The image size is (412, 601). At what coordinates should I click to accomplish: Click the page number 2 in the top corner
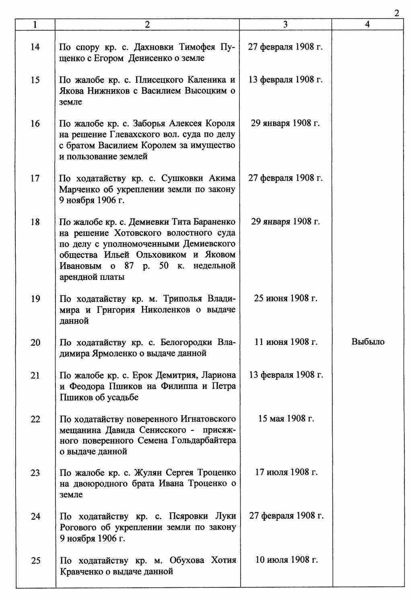(397, 13)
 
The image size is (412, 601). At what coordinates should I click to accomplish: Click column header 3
(285, 25)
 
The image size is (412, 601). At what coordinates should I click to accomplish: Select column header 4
(367, 25)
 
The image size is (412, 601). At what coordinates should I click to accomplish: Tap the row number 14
(35, 47)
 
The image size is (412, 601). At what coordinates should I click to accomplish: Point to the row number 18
(35, 222)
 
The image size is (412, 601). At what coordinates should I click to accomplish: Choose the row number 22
(35, 419)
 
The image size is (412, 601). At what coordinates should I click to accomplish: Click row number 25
(35, 560)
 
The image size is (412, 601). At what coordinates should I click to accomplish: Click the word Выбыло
(368, 342)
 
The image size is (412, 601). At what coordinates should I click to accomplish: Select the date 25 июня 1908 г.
(286, 298)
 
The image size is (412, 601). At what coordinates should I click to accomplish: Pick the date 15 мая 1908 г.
(286, 419)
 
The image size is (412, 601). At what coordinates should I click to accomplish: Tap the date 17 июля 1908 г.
(286, 472)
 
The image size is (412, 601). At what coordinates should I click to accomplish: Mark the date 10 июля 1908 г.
(286, 560)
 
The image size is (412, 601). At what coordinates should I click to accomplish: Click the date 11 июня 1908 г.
(286, 342)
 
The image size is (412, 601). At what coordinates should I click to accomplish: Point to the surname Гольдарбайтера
(204, 440)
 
